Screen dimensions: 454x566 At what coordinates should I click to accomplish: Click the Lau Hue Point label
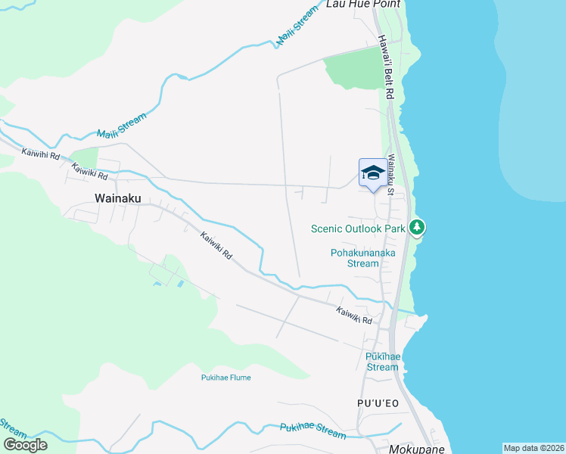(362, 4)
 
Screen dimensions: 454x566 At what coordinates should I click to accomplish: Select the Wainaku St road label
(390, 175)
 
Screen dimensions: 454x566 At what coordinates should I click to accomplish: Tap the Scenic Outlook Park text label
(359, 229)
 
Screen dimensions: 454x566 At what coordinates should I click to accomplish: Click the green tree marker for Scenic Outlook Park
(416, 227)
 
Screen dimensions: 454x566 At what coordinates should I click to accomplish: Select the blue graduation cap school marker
(372, 173)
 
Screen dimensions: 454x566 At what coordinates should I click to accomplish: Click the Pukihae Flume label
(225, 378)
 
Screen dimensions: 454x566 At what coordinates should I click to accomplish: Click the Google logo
(25, 445)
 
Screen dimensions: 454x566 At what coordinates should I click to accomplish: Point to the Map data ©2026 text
(533, 448)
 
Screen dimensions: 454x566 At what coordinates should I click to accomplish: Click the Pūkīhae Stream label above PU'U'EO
(381, 362)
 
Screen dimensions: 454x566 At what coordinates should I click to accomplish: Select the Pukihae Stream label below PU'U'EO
(313, 431)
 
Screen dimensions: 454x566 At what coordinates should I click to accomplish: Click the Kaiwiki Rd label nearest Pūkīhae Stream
(355, 315)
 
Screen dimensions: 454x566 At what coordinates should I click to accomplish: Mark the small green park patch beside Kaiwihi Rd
(86, 157)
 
